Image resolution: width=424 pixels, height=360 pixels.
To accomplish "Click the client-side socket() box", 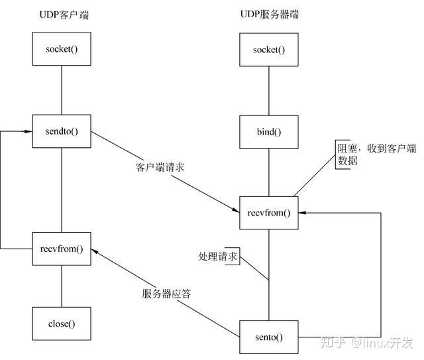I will coord(62,50).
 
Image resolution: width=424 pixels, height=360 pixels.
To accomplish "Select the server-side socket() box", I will coord(268,50).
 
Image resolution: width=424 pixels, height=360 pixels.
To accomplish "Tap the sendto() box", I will coord(62,131).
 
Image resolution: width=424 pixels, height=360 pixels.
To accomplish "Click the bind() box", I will coord(268,131).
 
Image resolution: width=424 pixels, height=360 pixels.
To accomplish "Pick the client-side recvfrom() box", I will coord(62,249).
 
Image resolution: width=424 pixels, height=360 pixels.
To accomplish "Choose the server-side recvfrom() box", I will coord(268,213).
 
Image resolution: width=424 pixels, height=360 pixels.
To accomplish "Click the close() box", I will coord(62,324).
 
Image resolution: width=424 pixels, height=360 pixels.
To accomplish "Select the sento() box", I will coord(268,337).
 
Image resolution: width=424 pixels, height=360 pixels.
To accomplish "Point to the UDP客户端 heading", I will coord(64,14).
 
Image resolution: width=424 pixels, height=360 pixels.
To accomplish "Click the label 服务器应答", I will coord(166,294).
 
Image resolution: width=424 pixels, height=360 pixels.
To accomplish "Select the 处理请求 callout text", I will coord(217,256).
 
